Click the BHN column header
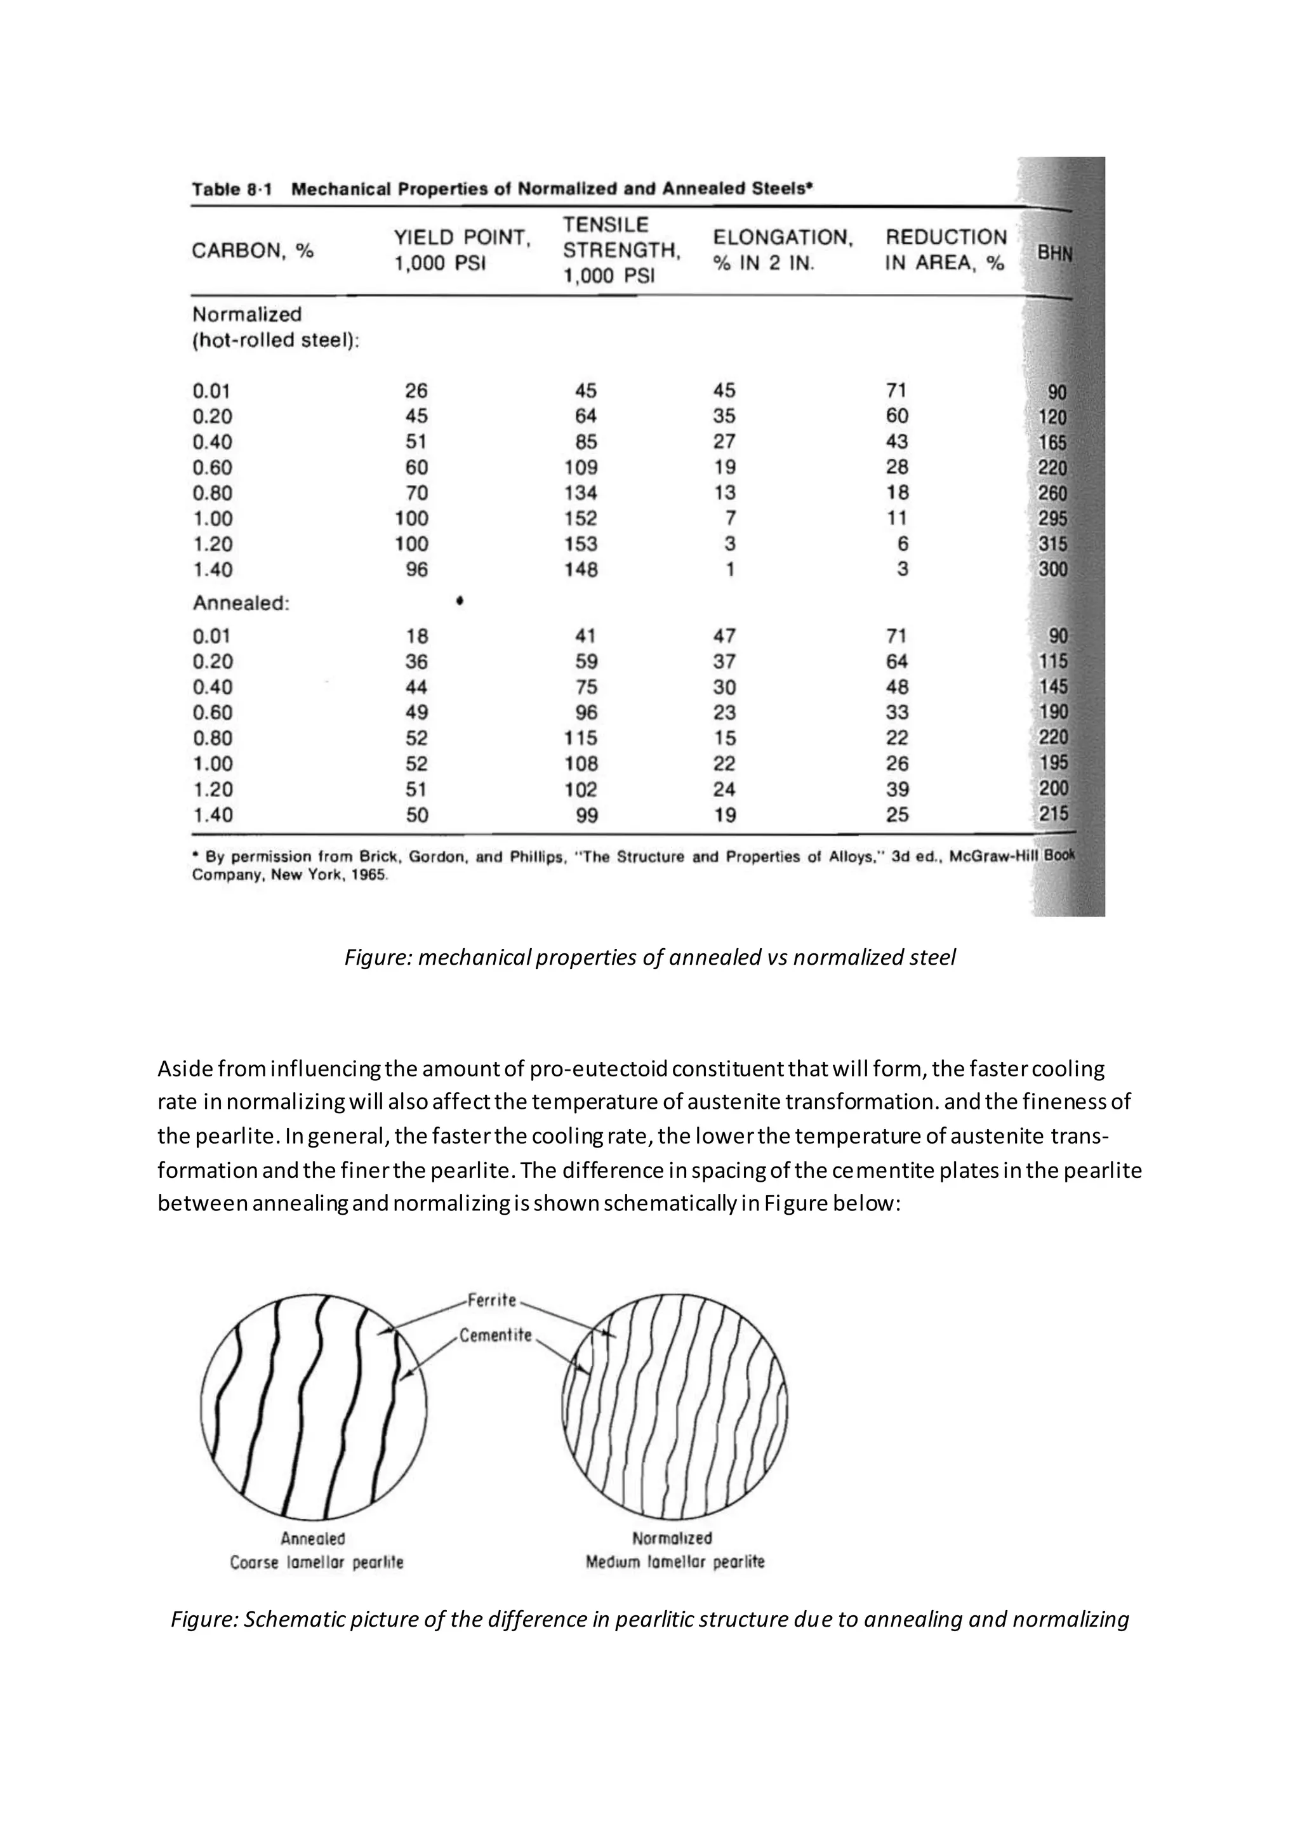(x=1054, y=253)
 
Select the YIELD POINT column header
(x=462, y=251)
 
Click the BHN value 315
(x=1052, y=545)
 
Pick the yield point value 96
(x=416, y=570)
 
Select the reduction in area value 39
(x=898, y=790)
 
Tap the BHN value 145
(x=1052, y=687)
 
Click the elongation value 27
(x=724, y=442)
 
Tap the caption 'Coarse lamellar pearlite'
(x=316, y=1563)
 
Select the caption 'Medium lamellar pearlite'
(x=675, y=1562)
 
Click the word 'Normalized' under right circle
(x=672, y=1538)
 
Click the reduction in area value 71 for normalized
(x=896, y=391)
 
